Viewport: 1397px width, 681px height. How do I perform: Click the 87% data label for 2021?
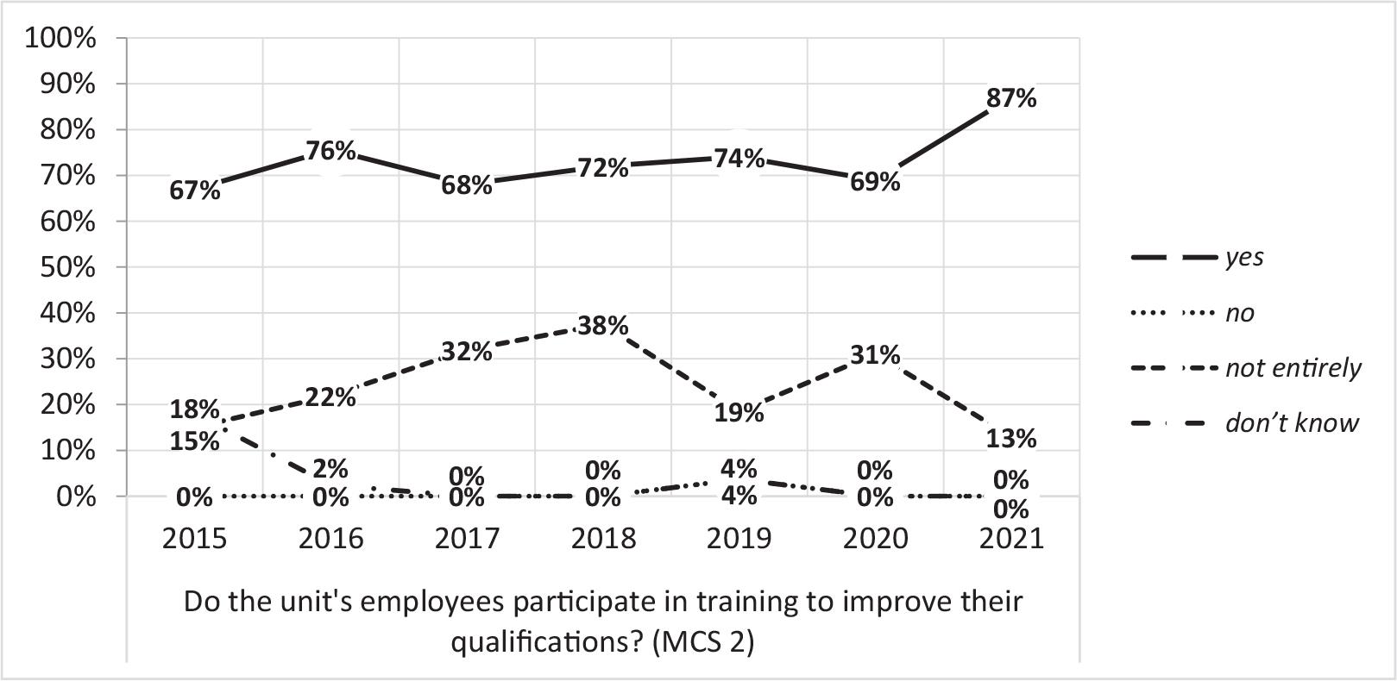coord(1011,98)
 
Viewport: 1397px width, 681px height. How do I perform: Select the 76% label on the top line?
coord(330,151)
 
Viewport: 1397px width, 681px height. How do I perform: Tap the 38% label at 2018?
coord(603,326)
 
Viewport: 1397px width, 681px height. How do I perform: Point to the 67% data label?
coord(194,191)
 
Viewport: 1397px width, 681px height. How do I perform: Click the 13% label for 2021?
coord(1011,439)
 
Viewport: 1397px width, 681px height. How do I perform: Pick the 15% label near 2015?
coord(194,441)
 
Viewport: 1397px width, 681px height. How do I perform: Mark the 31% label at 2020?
coord(875,355)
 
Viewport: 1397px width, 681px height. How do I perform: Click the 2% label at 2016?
coord(330,468)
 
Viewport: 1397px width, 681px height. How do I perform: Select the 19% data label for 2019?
coord(739,413)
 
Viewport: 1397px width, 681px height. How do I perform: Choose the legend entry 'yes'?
coord(1244,258)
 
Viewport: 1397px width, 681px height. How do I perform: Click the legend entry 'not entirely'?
coord(1293,368)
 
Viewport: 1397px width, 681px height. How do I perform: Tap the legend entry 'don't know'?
coord(1292,423)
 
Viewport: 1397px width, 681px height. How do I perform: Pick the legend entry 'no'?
coord(1240,313)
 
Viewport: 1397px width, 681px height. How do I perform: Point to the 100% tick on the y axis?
coord(60,39)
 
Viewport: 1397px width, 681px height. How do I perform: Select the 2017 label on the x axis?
coord(467,539)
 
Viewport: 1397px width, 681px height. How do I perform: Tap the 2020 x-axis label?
coord(875,539)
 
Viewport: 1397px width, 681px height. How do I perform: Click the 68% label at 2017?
coord(467,185)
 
